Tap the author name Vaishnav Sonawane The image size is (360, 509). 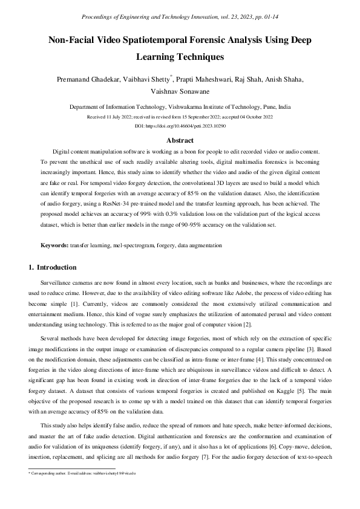(180, 91)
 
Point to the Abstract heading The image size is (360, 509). (180, 140)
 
